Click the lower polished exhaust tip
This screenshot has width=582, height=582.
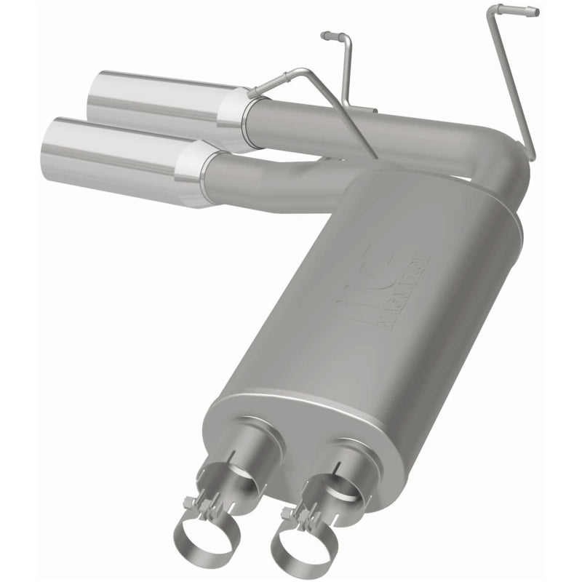coord(124,150)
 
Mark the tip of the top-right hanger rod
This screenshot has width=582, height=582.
coord(535,12)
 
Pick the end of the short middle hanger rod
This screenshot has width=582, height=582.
coord(325,35)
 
